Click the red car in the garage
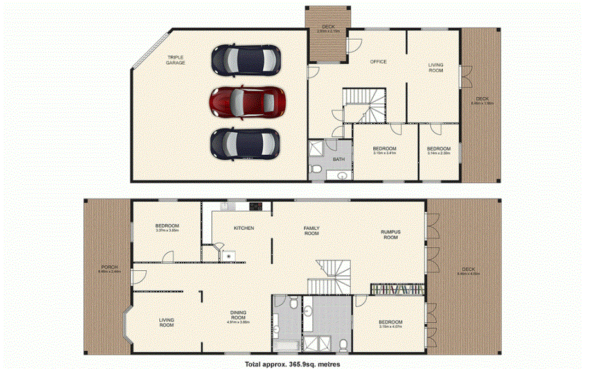pyautogui.click(x=247, y=101)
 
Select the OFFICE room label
pyautogui.click(x=378, y=62)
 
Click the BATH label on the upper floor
pyautogui.click(x=338, y=159)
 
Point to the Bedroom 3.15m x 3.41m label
pyautogui.click(x=385, y=150)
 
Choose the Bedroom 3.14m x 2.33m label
pyautogui.click(x=439, y=150)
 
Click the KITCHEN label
pyautogui.click(x=243, y=228)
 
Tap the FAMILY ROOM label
pyautogui.click(x=312, y=230)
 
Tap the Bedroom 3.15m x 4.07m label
pyautogui.click(x=390, y=324)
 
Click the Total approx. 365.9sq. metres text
pyautogui.click(x=286, y=364)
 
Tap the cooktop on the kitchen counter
pyautogui.click(x=255, y=206)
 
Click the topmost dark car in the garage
pyautogui.click(x=247, y=60)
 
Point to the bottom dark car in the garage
pyautogui.click(x=245, y=144)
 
